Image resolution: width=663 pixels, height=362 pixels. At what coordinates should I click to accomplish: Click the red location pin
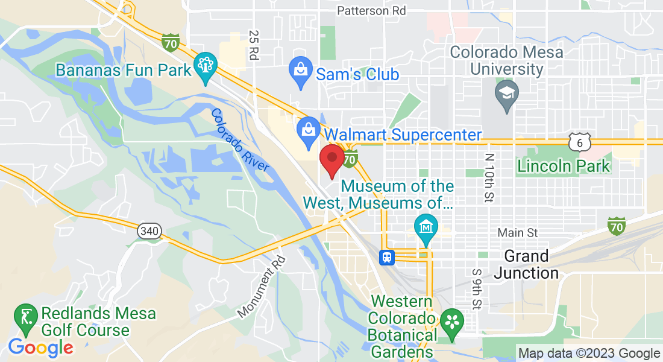click(x=331, y=160)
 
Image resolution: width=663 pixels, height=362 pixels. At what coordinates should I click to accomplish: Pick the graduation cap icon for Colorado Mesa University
click(x=506, y=94)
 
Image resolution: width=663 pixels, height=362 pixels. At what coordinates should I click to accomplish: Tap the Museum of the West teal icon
click(x=426, y=228)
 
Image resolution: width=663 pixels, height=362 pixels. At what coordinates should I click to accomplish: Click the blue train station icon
click(x=387, y=257)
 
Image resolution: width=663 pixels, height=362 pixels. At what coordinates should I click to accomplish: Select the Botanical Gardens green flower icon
click(x=450, y=322)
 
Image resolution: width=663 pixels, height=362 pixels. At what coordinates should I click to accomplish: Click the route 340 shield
click(x=148, y=230)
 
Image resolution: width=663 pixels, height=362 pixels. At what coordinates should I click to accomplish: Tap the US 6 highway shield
click(x=578, y=142)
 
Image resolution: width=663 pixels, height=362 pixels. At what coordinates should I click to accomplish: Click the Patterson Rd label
click(x=371, y=10)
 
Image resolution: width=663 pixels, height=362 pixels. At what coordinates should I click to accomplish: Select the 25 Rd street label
click(x=254, y=45)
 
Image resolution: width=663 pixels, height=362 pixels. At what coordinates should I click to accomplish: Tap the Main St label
click(x=517, y=232)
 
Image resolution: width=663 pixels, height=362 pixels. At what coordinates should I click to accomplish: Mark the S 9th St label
click(x=477, y=288)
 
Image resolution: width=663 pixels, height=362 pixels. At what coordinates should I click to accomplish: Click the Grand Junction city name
click(x=526, y=264)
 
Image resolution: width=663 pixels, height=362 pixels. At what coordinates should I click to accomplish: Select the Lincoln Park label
click(x=564, y=165)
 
